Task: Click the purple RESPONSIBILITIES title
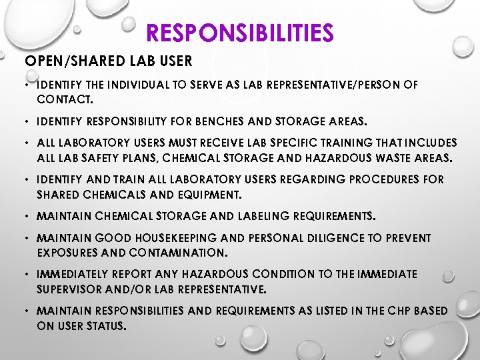pos(239,32)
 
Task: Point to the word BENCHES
pos(234,123)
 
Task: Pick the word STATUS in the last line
pos(109,326)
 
